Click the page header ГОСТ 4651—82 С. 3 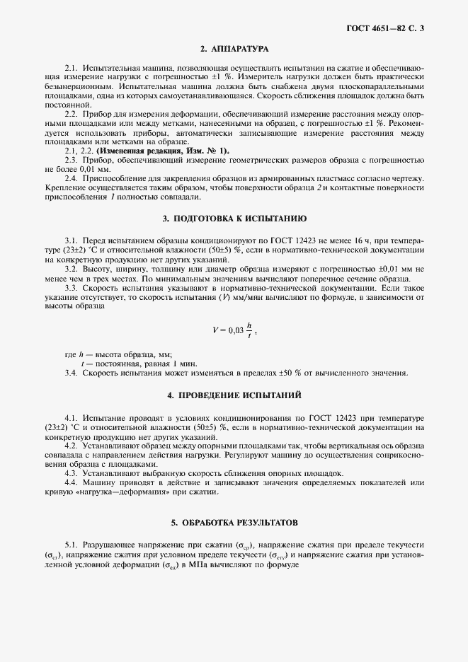(x=389, y=29)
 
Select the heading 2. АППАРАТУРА (x=234, y=50)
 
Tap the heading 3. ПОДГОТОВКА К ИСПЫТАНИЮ (x=234, y=219)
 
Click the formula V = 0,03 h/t (x=234, y=330)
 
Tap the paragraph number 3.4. (x=71, y=373)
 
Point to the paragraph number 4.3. (x=71, y=472)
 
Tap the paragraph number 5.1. (x=71, y=545)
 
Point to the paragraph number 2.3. (x=71, y=161)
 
